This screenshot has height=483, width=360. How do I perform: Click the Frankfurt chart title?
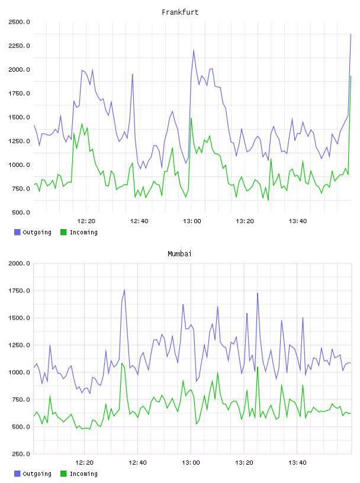point(180,12)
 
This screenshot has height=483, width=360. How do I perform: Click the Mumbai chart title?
point(179,254)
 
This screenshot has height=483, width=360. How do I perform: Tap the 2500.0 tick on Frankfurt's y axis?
point(20,22)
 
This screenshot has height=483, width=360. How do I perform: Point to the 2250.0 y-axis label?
point(20,46)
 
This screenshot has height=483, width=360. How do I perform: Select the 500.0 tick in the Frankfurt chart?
point(21,212)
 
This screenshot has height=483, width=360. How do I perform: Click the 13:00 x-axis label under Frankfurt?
point(192,221)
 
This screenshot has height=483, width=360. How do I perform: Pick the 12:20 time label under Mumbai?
point(84,463)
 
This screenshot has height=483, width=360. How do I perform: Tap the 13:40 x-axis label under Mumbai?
point(297,463)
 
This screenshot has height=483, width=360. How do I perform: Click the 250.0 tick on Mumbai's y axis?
point(21,454)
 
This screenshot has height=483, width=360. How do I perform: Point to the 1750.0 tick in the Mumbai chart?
point(20,291)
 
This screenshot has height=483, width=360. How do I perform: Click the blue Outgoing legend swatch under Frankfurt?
point(17,232)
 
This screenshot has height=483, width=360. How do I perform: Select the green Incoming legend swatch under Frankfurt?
point(63,232)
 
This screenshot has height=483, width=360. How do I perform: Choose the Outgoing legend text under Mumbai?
point(37,474)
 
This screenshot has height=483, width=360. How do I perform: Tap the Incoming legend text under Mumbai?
point(83,474)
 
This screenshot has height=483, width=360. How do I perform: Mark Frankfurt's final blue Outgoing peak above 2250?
point(351,34)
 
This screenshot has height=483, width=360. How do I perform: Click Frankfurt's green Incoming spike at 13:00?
point(191,118)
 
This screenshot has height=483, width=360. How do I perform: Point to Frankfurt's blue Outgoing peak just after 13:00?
point(194,50)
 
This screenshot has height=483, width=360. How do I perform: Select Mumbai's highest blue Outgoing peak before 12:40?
point(124,289)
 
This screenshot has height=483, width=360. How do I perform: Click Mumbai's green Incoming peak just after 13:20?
point(258,367)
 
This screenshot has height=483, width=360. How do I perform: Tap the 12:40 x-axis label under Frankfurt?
point(139,221)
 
